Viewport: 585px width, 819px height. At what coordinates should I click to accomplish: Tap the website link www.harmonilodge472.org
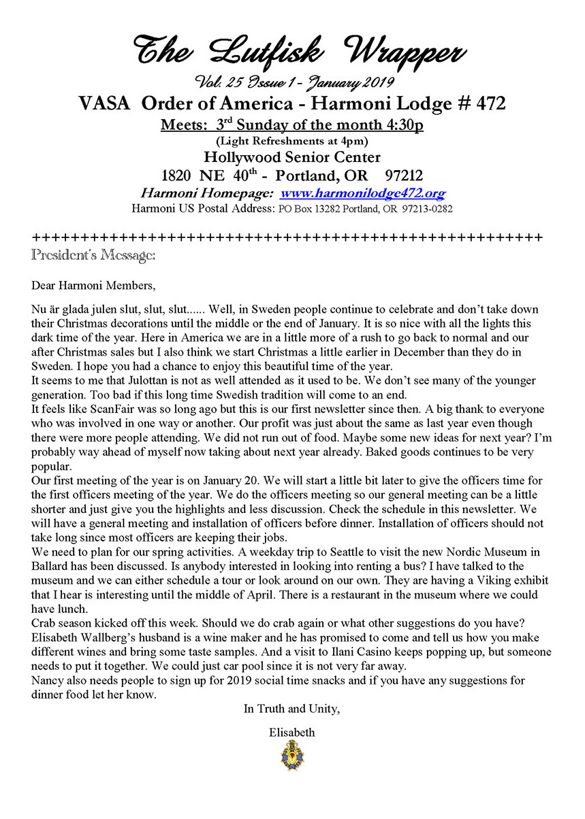tap(363, 193)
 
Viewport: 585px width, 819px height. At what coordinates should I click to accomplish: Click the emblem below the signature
tap(292, 755)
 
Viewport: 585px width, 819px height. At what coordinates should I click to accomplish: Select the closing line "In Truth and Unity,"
tap(292, 709)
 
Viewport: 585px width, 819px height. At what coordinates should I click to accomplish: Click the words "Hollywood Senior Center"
tap(291, 157)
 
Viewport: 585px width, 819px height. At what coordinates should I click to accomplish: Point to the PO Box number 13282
tap(320, 209)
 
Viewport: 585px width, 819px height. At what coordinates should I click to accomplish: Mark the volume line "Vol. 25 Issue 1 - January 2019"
tap(291, 84)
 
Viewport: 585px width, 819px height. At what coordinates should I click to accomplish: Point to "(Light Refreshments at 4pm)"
tap(291, 141)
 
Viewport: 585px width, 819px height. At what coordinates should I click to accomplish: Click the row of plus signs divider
tap(287, 238)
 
